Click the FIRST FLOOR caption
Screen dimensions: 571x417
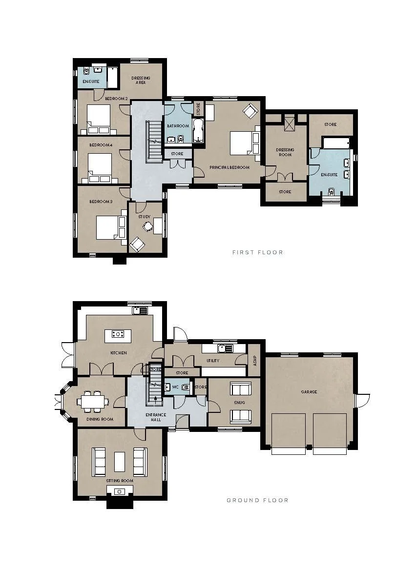click(257, 252)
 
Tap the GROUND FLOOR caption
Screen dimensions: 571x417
click(257, 500)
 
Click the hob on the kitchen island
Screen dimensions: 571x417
click(118, 334)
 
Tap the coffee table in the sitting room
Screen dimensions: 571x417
click(120, 461)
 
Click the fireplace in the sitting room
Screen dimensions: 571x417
click(120, 492)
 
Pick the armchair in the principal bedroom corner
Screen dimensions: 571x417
click(250, 111)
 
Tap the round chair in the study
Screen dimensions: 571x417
click(147, 226)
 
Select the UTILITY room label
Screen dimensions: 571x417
click(213, 361)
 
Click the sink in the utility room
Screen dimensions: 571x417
click(225, 348)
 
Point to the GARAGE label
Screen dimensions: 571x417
click(309, 392)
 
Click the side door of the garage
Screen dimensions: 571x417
click(362, 401)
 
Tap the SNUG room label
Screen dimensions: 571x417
click(239, 403)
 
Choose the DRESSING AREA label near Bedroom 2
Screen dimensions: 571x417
click(141, 80)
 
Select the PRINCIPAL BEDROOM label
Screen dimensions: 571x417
click(229, 167)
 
